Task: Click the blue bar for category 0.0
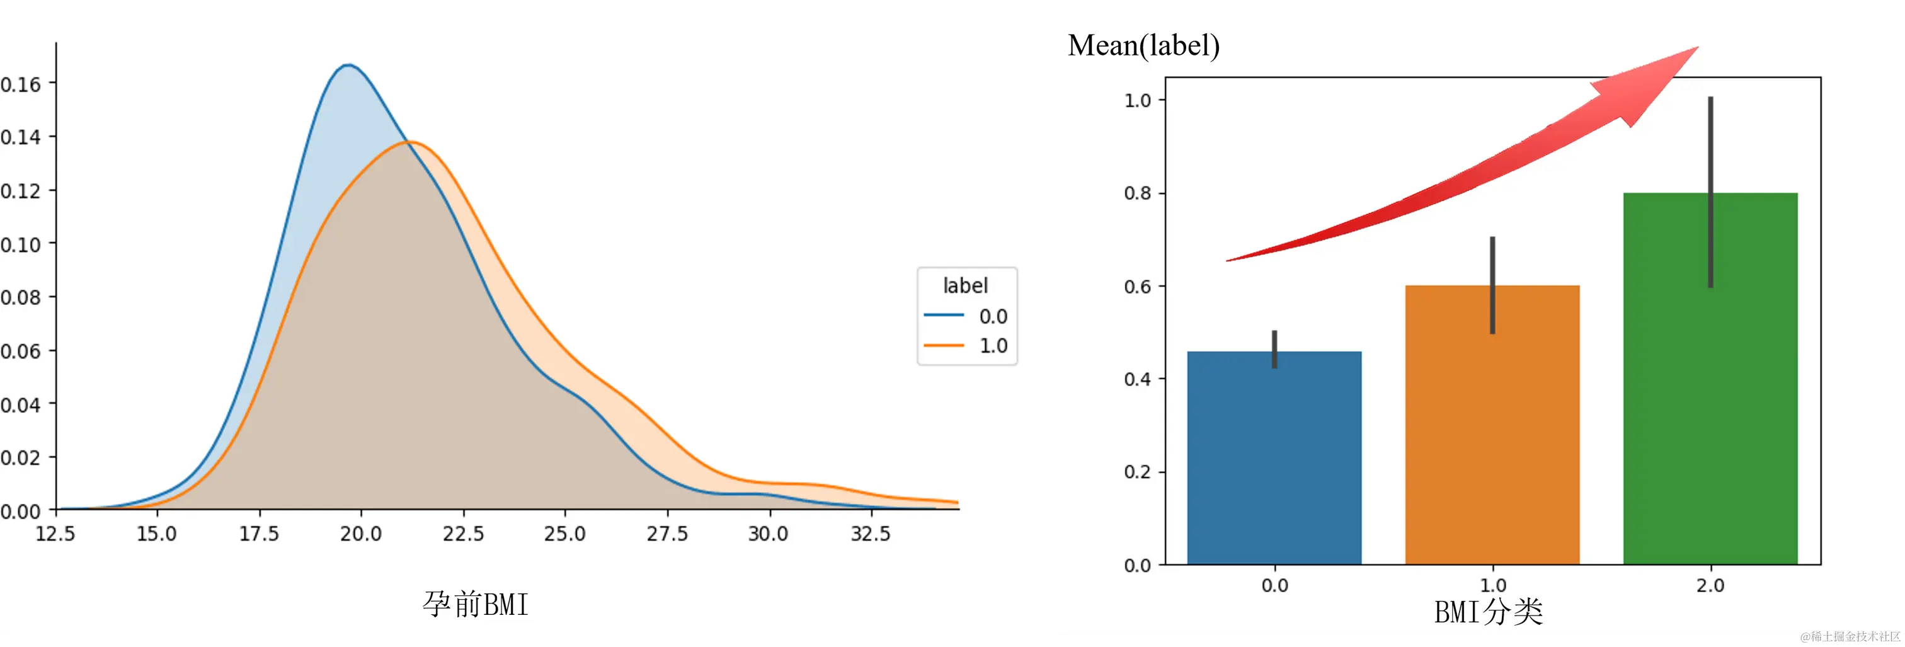coord(1274,459)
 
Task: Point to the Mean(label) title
coord(1143,46)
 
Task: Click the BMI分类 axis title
coord(1488,612)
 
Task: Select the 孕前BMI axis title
coord(476,604)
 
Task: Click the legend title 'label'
coord(965,285)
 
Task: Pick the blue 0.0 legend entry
coord(966,316)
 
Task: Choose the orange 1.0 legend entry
coord(966,346)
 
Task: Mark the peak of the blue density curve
coord(348,65)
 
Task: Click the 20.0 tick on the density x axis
coord(361,533)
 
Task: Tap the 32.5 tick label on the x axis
coord(871,533)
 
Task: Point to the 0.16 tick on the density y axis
coord(21,84)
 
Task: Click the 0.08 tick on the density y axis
coord(21,297)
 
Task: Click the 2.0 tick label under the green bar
coord(1710,586)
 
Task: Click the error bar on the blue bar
coord(1274,348)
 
